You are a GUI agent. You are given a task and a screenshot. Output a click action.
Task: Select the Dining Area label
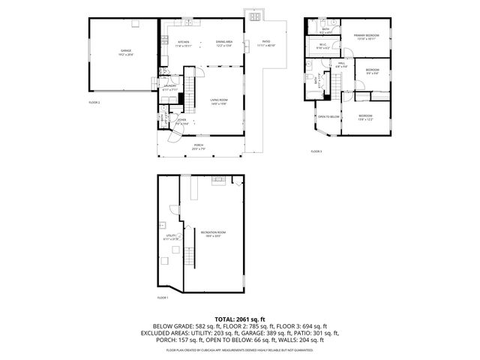pyautogui.click(x=224, y=43)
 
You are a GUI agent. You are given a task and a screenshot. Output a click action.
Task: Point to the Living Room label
pyautogui.click(x=218, y=100)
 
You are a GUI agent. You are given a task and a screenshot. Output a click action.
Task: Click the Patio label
pyautogui.click(x=265, y=43)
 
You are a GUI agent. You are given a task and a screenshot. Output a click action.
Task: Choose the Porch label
pyautogui.click(x=199, y=146)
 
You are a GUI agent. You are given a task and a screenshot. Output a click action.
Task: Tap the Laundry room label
pyautogui.click(x=169, y=87)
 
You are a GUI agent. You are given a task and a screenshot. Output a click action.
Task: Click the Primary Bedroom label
pyautogui.click(x=366, y=36)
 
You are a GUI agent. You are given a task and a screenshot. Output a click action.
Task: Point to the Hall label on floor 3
pyautogui.click(x=340, y=64)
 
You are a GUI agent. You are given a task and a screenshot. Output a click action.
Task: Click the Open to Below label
pyautogui.click(x=328, y=117)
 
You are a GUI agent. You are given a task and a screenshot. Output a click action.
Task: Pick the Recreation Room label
pyautogui.click(x=214, y=233)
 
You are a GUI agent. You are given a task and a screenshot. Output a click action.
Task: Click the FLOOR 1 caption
pyautogui.click(x=163, y=298)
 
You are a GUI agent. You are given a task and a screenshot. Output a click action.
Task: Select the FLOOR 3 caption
pyautogui.click(x=316, y=151)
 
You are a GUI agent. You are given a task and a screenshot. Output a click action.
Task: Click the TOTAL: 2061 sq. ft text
pyautogui.click(x=239, y=319)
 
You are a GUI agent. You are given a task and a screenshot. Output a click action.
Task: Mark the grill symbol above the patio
pyautogui.click(x=256, y=16)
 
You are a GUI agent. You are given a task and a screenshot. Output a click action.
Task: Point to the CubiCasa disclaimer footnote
pyautogui.click(x=240, y=349)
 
